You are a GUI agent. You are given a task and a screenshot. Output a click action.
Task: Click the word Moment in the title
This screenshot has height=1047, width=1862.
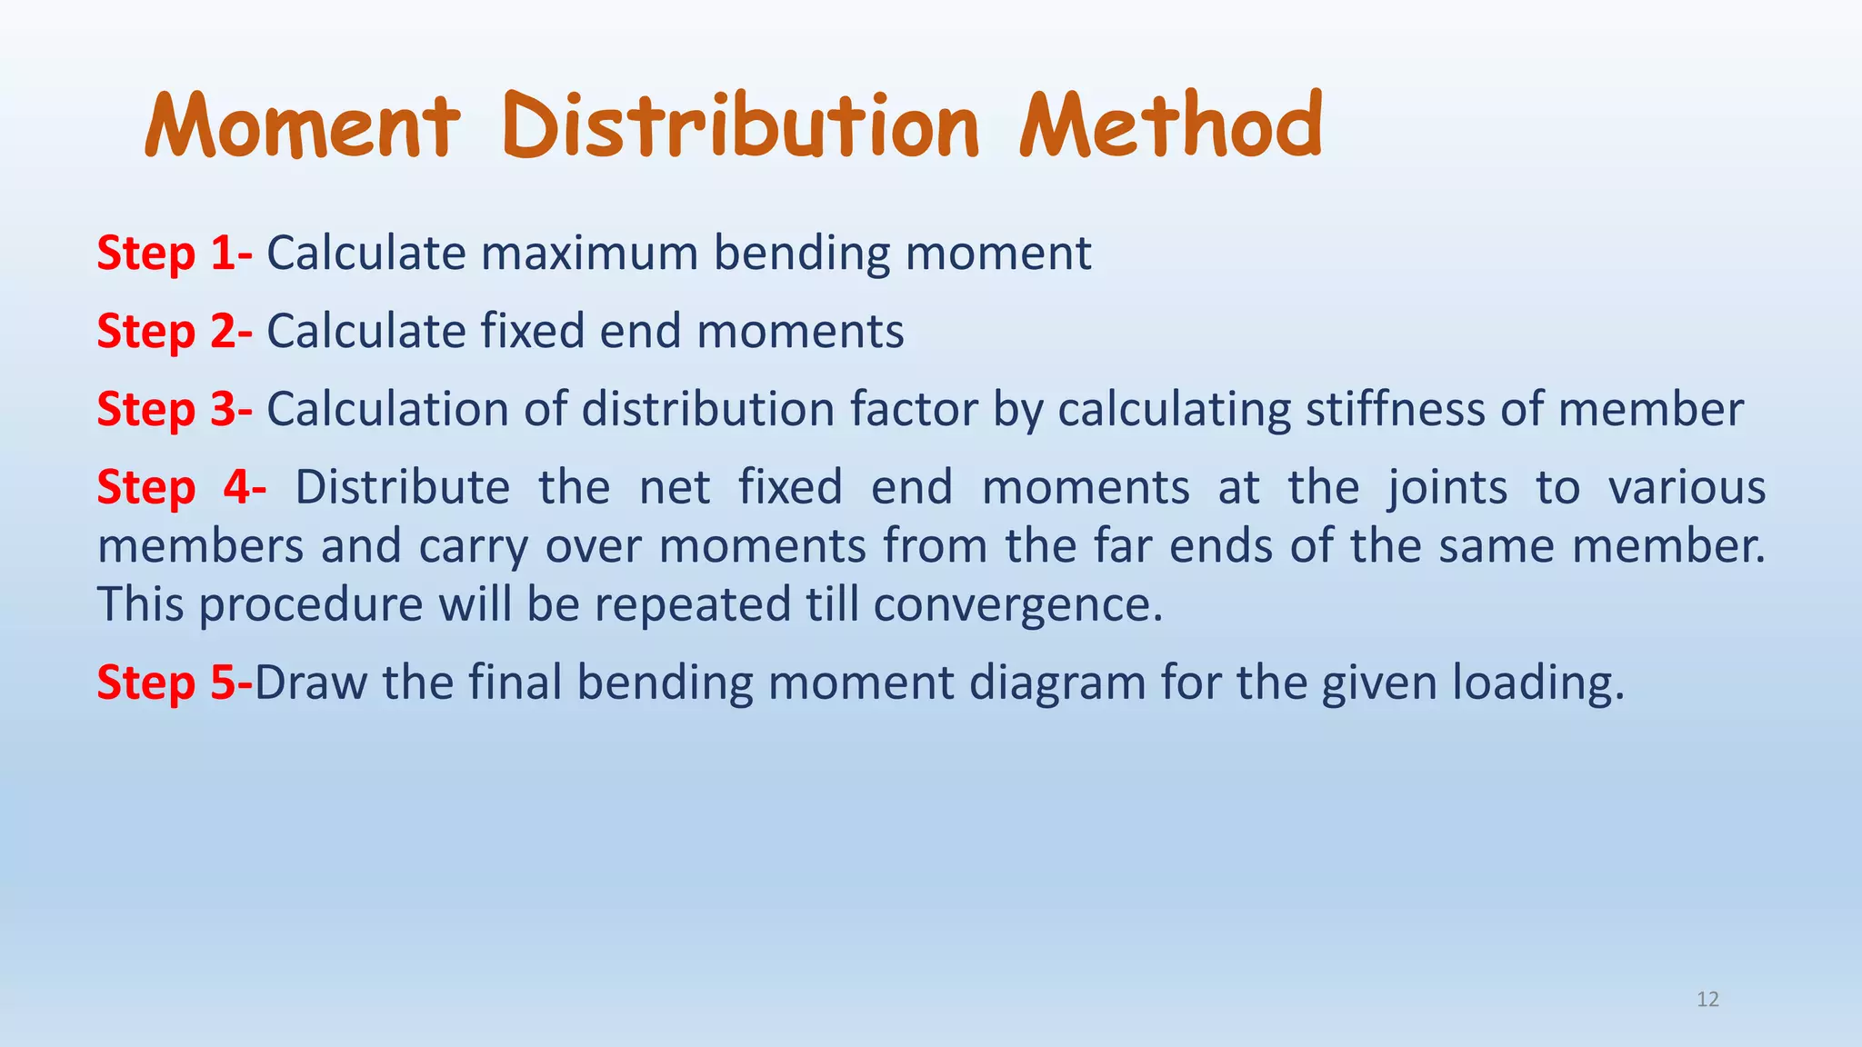[302, 126]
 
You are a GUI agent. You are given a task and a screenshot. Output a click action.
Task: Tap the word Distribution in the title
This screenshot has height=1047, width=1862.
[740, 126]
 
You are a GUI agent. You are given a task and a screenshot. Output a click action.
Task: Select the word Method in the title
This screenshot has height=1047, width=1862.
[1170, 126]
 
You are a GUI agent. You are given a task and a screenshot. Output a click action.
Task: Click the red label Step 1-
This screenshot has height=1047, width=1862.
[175, 253]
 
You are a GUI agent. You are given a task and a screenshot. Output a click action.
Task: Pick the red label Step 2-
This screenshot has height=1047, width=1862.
[175, 331]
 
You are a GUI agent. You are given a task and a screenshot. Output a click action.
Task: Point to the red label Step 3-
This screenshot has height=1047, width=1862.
[175, 409]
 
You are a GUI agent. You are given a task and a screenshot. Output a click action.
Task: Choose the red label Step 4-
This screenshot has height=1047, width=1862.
[181, 487]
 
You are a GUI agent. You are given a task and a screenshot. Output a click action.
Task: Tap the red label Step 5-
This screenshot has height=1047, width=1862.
[175, 683]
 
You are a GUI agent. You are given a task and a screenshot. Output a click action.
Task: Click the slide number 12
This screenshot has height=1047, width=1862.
[1707, 1000]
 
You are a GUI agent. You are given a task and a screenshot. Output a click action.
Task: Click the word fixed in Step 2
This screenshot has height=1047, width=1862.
[533, 331]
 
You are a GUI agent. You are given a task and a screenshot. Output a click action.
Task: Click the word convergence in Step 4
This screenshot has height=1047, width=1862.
[1017, 605]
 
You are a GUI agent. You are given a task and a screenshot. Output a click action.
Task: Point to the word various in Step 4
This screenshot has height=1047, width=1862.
[1687, 487]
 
